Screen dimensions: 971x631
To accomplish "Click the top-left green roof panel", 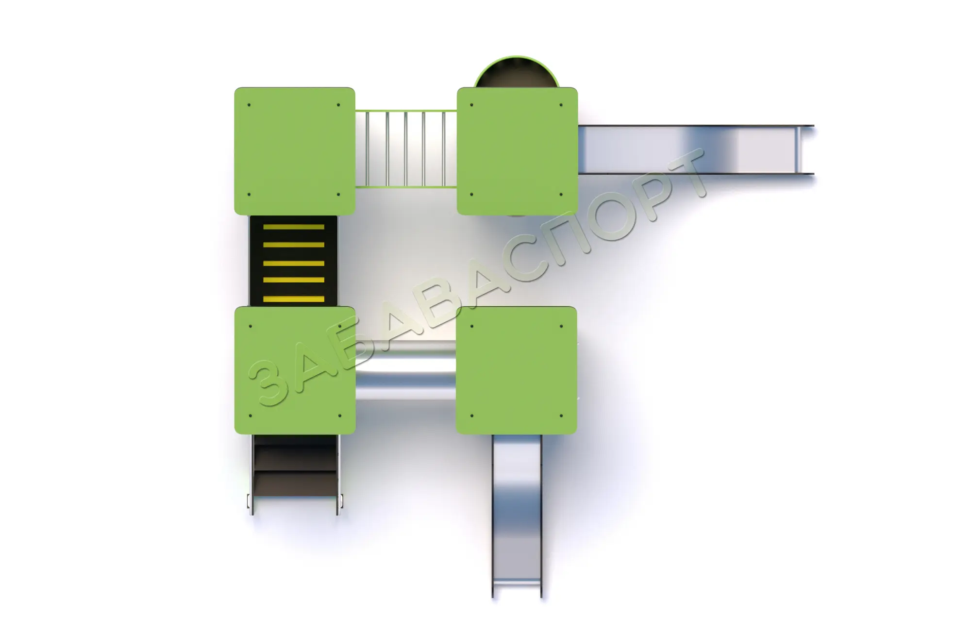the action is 295,151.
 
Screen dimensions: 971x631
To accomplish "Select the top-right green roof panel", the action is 517,151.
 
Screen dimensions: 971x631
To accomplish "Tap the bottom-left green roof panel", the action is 295,370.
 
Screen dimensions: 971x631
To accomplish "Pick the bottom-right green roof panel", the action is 517,370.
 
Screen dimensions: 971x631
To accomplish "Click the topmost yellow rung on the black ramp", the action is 294,227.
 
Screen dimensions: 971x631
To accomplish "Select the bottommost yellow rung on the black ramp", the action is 294,299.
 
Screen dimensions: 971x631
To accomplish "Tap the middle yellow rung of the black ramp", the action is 294,263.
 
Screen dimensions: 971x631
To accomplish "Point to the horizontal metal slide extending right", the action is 696,149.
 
